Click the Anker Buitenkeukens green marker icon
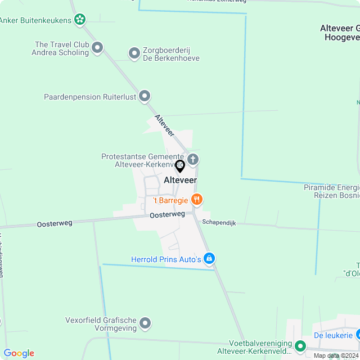point(80,20)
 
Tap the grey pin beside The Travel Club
point(97,48)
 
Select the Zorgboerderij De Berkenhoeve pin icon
point(134,53)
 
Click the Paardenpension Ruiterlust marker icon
point(145,96)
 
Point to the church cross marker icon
point(192,159)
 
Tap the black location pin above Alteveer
point(180,166)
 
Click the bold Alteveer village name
point(180,180)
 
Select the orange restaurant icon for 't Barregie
point(196,199)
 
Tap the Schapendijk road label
point(219,223)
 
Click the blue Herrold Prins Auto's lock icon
point(209,259)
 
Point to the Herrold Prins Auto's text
point(166,259)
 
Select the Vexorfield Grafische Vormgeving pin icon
point(146,323)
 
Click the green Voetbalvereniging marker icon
point(300,346)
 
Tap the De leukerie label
point(332,335)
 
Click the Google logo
point(19,353)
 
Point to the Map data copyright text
point(336,355)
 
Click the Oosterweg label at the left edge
point(55,223)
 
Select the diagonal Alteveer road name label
point(164,124)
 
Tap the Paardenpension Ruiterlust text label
point(90,97)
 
